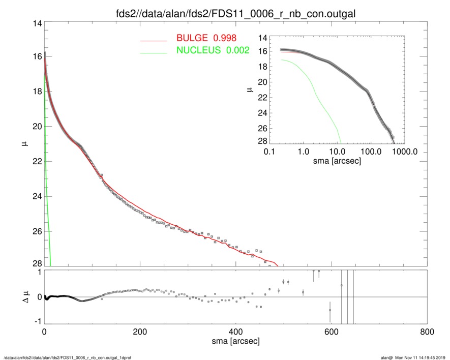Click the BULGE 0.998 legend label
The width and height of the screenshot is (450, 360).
(x=206, y=38)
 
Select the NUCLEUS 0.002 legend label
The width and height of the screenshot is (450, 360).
(x=213, y=50)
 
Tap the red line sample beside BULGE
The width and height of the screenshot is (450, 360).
(x=153, y=40)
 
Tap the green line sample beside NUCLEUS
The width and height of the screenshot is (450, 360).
(x=153, y=52)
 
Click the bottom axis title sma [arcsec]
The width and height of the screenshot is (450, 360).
(x=235, y=341)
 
